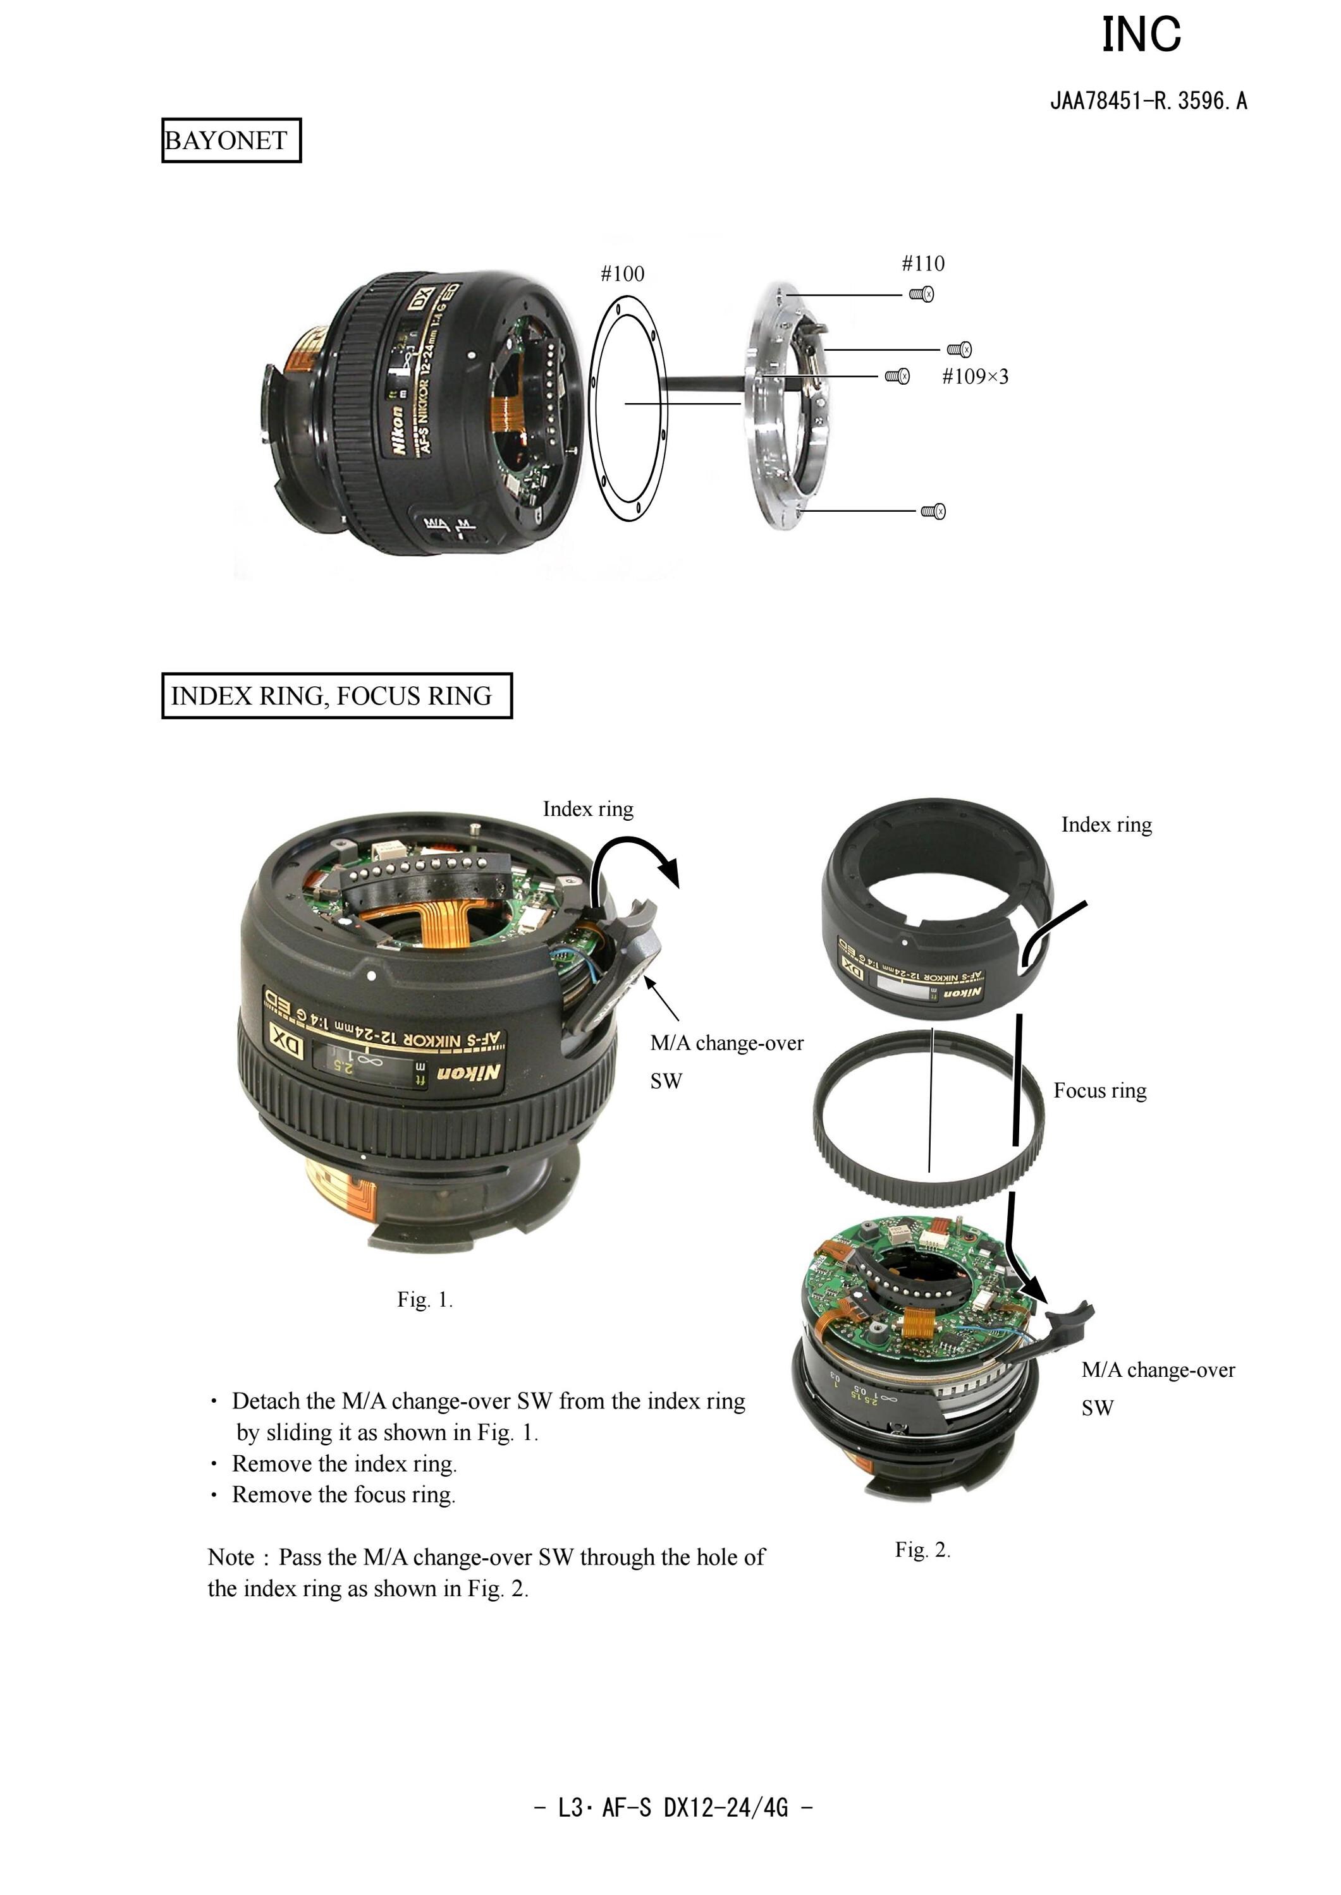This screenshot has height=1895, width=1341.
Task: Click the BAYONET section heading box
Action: [x=231, y=140]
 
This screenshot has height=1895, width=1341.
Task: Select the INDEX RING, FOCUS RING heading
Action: [x=337, y=696]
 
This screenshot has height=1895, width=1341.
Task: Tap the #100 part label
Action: [x=623, y=274]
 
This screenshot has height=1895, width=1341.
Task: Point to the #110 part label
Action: [x=923, y=263]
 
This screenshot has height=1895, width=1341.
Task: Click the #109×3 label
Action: [x=975, y=377]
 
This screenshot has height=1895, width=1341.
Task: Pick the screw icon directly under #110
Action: [x=922, y=294]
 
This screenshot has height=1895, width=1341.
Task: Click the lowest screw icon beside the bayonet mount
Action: [x=934, y=512]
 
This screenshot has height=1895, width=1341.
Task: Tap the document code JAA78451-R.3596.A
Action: [x=1149, y=102]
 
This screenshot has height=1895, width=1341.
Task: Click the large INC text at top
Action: [x=1142, y=35]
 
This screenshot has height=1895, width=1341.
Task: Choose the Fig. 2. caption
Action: [x=923, y=1550]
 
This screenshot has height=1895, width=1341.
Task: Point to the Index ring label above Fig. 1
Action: [x=588, y=809]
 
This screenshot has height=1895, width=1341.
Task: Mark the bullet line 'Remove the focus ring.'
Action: [x=343, y=1495]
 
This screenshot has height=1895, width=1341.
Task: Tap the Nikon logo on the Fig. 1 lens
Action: [x=468, y=1073]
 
